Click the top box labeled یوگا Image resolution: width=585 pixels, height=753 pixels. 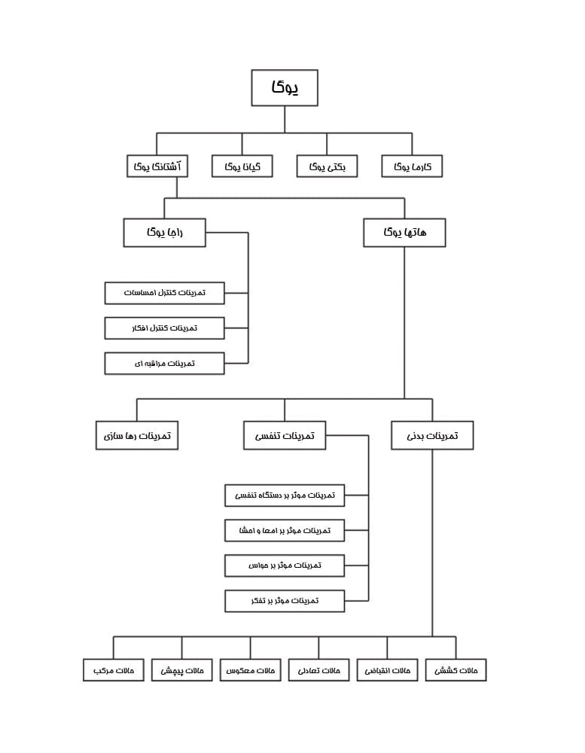[285, 87]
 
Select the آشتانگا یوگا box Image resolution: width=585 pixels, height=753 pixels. [157, 166]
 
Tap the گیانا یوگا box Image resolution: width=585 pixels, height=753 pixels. [242, 166]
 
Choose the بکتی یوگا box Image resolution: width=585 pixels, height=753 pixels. [327, 166]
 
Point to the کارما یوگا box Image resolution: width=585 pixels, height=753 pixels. [412, 166]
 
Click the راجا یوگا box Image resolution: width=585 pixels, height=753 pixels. [164, 233]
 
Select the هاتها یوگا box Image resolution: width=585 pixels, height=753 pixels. [404, 233]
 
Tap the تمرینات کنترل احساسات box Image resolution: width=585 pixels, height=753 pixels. [164, 293]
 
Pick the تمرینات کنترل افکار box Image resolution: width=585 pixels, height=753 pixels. [164, 328]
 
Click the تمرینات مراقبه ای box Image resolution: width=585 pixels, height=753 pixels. [164, 364]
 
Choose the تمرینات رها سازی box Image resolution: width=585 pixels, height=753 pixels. [137, 435]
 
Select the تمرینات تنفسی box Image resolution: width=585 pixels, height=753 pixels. [285, 435]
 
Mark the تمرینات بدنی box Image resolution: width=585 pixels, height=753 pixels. [432, 435]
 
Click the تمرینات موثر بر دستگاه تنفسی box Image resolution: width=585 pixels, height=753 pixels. [285, 495]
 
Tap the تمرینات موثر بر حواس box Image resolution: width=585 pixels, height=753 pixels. [285, 566]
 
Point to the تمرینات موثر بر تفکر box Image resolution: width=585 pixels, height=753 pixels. [285, 601]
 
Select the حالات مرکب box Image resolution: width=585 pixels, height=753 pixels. [114, 670]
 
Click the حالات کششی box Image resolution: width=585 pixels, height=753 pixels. [456, 670]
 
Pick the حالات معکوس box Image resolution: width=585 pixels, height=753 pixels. [250, 670]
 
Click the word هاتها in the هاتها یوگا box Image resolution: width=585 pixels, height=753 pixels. [416, 233]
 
